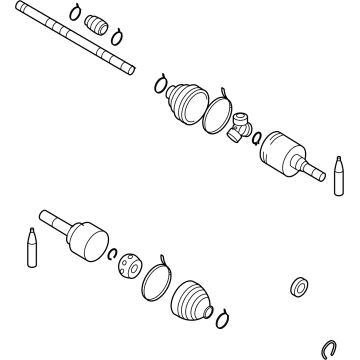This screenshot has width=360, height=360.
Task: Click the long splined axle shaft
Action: coord(70,40)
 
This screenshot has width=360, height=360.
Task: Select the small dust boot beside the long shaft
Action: coord(97,25)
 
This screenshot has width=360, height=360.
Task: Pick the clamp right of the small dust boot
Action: coord(117,40)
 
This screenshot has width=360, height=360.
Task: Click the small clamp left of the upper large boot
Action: coord(158,81)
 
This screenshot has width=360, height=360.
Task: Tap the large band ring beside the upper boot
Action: coord(218,110)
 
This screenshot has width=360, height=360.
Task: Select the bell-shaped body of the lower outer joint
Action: coord(88,241)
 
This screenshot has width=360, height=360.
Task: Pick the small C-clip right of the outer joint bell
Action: coord(113,254)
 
